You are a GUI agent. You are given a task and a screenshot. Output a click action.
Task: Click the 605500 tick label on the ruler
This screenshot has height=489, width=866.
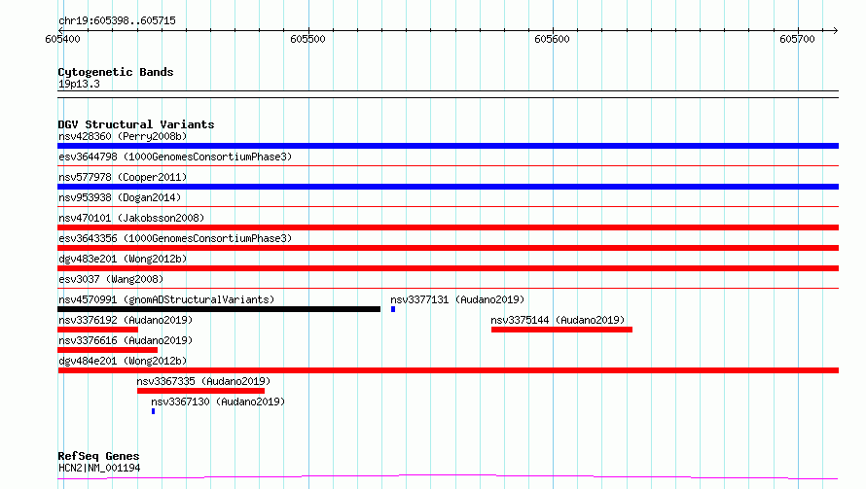pos(307,39)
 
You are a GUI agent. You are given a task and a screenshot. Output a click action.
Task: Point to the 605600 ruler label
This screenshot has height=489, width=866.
pos(552,39)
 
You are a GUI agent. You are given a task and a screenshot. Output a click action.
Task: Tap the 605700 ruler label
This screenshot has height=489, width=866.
pos(797,39)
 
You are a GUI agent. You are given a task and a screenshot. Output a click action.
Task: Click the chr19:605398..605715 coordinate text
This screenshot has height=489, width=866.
pos(117,21)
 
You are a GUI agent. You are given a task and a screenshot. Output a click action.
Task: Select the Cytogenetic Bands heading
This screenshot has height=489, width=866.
pos(116,72)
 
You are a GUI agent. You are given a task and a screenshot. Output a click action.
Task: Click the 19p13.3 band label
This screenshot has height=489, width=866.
pos(79,84)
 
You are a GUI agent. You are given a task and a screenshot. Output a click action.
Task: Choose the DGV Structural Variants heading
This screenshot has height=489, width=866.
pos(136,124)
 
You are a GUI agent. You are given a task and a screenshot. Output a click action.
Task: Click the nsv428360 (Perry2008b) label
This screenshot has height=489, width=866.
pos(123,136)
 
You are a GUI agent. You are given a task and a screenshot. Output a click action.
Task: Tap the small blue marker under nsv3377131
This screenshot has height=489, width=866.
pos(393,309)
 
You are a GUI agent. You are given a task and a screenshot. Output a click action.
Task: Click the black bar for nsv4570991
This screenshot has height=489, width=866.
pos(219,309)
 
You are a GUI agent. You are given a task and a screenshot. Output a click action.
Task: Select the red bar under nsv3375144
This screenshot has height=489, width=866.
pos(561,330)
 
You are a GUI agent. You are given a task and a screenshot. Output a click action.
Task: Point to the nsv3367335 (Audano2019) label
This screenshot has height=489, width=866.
pos(203,381)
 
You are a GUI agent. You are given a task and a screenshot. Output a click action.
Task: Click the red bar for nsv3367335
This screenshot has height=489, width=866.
pos(200,392)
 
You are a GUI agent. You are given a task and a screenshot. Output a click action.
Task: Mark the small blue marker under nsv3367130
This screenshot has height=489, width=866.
pos(153,412)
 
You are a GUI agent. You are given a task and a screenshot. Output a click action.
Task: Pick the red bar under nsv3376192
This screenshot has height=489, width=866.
pos(97,330)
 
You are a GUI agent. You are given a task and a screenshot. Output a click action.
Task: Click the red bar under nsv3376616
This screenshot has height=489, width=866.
pos(107,351)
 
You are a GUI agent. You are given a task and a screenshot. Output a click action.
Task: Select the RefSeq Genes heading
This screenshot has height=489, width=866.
pos(98,456)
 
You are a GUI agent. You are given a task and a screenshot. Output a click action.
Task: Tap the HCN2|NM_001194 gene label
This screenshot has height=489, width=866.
pos(99,468)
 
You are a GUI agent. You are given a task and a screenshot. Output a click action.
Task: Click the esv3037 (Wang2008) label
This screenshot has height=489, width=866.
pos(111,279)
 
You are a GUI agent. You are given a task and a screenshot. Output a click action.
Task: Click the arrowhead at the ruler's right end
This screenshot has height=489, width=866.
pos(836,31)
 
